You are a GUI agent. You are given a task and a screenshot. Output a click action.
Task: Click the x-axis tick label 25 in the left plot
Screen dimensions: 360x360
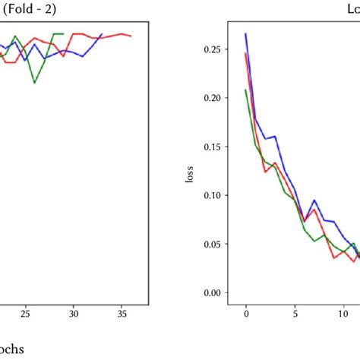coord(25,312)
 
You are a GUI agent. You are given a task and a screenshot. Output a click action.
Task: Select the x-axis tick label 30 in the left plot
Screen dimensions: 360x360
coord(74,312)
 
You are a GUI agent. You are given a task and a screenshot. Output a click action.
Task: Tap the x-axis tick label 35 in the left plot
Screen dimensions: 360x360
coord(122,312)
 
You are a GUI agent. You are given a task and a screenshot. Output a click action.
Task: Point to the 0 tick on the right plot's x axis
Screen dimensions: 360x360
coord(246,312)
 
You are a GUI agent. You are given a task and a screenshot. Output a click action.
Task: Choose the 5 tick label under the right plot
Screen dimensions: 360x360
coord(295,312)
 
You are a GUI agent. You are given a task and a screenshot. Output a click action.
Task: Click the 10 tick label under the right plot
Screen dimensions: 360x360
coord(343,312)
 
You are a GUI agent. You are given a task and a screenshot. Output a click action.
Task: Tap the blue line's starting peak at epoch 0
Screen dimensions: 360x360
coord(246,33)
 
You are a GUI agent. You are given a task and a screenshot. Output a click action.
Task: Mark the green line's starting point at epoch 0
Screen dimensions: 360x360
coord(246,90)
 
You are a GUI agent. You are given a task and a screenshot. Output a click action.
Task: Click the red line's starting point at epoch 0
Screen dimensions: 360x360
coord(246,53)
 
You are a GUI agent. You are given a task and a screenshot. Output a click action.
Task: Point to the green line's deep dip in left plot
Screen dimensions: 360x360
coord(35,83)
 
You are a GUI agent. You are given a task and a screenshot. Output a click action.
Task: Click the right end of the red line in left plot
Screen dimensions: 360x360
coord(131,36)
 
